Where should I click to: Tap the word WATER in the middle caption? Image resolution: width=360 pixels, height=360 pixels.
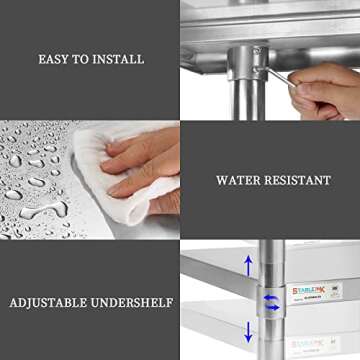tap(238, 181)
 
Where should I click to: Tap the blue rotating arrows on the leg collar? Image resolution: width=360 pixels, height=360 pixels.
tap(269, 300)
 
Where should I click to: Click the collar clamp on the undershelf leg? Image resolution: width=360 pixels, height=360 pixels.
tap(270, 301)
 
